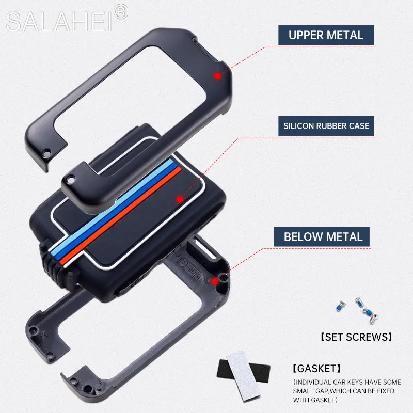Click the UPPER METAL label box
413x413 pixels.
coord(326,36)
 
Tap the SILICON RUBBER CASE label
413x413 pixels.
coord(326,125)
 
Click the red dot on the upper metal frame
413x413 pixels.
coord(217,76)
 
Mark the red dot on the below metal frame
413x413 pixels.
coord(215,281)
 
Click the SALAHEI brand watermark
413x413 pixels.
coord(60,22)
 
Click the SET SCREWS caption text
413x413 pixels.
coord(356,338)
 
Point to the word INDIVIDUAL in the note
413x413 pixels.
coord(315,382)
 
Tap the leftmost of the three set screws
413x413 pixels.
coord(339,305)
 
